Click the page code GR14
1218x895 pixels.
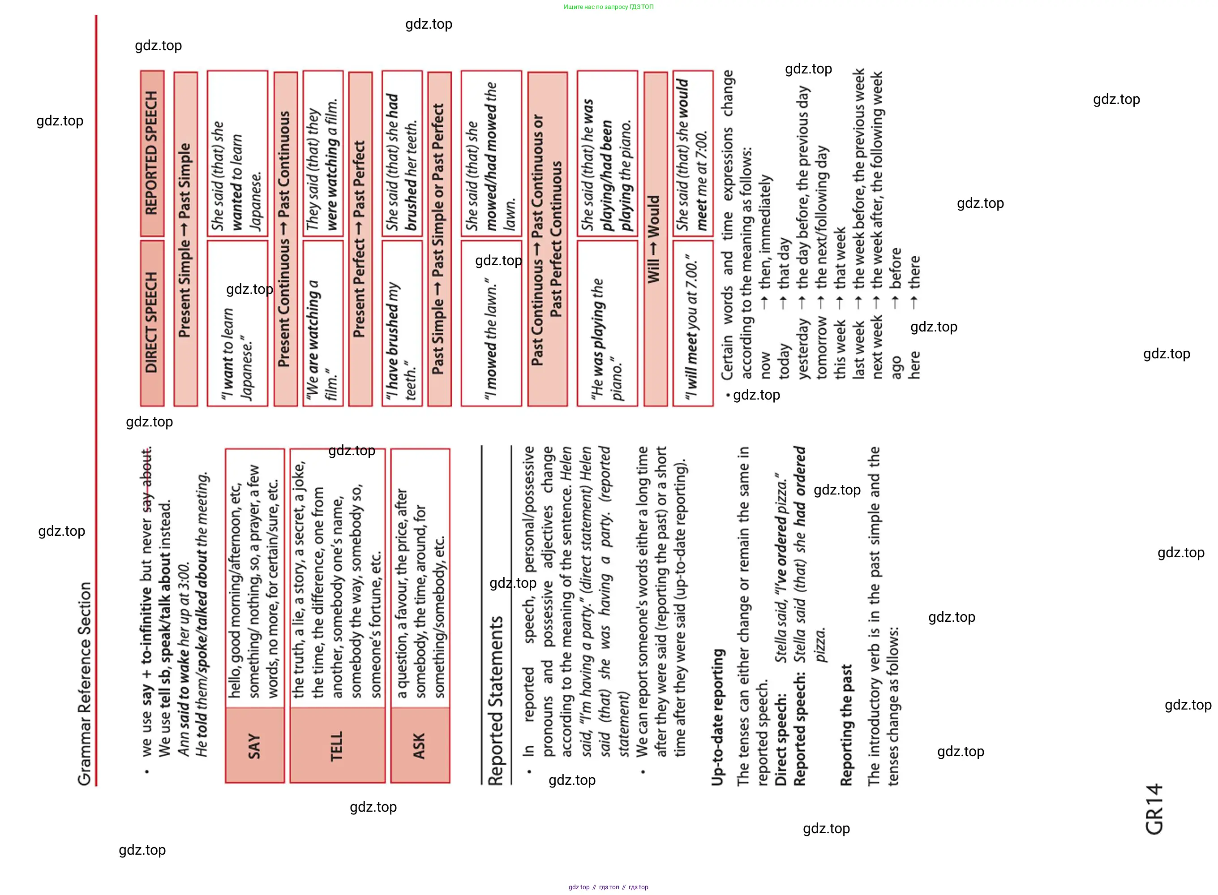1154,808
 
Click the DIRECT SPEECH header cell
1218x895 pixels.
152,323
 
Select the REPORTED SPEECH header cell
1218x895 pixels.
152,153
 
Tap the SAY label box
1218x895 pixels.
254,745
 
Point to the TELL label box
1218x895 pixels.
337,745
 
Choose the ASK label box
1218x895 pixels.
420,745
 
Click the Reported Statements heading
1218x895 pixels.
496,701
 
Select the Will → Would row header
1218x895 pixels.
655,239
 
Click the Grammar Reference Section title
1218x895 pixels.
85,684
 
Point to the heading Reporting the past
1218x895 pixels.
846,725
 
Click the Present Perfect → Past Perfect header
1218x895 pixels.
360,239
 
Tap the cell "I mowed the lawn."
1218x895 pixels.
491,323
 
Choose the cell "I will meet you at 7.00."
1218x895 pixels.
693,323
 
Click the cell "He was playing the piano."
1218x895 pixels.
607,323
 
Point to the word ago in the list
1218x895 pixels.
896,367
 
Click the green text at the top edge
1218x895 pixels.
608,7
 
